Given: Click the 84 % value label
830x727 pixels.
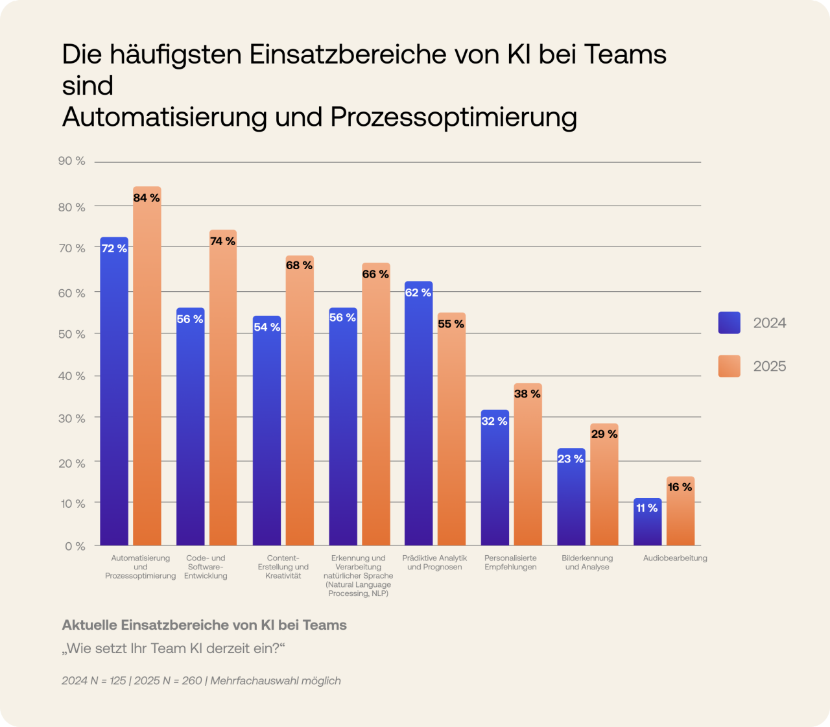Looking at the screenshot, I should tap(147, 198).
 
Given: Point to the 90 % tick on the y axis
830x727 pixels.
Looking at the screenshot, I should tap(72, 161).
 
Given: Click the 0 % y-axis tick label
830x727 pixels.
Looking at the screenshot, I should tap(75, 546).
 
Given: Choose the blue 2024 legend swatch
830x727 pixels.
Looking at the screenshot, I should tap(729, 323).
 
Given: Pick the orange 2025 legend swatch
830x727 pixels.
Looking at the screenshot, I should tap(729, 366).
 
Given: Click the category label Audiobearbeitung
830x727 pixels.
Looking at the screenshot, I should tap(675, 558).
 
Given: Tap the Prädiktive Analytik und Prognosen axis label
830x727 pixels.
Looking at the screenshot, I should tap(434, 562).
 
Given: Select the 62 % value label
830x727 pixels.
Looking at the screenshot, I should tap(418, 292).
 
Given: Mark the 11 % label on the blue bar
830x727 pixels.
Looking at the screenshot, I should tap(647, 508).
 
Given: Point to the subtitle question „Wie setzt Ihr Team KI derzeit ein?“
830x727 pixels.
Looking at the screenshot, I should tap(173, 649).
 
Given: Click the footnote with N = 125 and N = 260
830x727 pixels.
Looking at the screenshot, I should tap(201, 680).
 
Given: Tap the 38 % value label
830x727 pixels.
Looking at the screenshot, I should tap(527, 394).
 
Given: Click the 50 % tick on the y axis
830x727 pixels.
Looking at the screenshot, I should tap(72, 334).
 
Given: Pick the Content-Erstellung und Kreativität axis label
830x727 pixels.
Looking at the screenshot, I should tap(283, 567).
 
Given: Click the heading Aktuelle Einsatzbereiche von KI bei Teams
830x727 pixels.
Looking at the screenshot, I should tap(204, 625).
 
